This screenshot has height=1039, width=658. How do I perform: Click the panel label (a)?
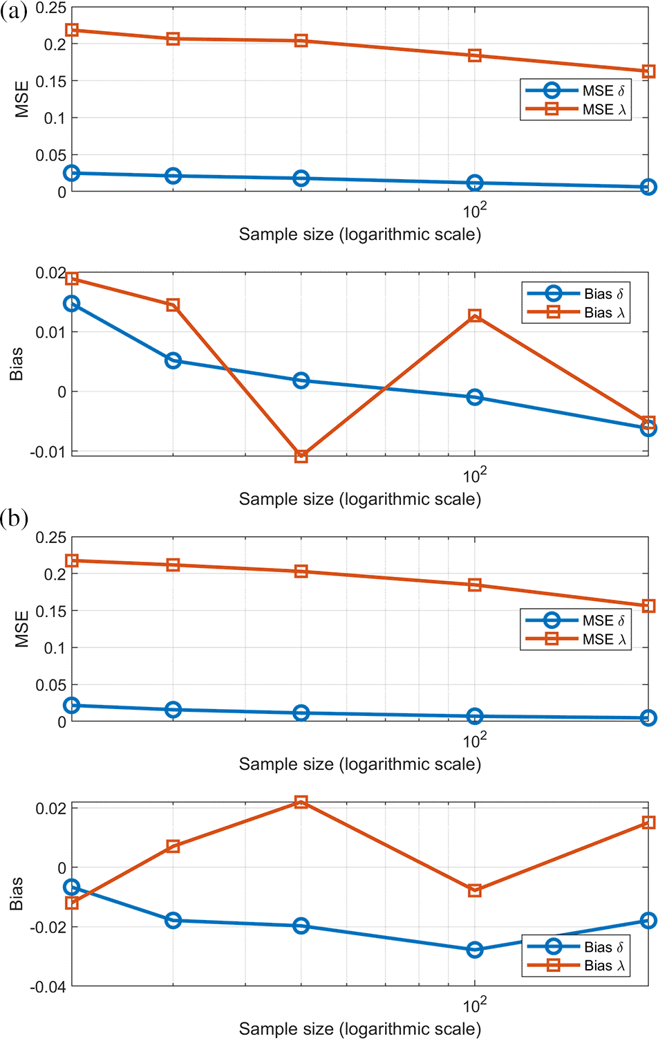coord(14,12)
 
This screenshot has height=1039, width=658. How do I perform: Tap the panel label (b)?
coord(14,518)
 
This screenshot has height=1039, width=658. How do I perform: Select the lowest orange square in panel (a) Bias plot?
coord(301,457)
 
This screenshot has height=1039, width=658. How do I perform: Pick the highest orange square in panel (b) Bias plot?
coord(301,802)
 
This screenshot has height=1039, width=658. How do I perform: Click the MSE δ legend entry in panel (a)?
coord(575,91)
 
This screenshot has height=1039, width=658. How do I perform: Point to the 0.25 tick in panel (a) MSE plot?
coord(50,8)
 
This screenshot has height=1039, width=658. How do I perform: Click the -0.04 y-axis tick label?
coord(48,986)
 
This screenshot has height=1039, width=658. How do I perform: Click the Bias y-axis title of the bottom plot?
coord(17,894)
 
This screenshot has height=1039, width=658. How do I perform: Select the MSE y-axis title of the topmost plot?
coord(21,100)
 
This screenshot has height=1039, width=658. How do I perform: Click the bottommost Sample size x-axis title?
coord(359,1029)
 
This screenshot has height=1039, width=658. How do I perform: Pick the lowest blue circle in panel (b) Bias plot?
coord(474,950)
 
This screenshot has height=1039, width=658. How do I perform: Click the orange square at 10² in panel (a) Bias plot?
coord(474,316)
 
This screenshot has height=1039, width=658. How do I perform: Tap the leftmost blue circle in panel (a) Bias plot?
coord(71,304)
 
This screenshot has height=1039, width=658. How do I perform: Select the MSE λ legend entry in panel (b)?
coord(575,639)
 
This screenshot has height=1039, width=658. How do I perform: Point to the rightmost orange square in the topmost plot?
coord(648,71)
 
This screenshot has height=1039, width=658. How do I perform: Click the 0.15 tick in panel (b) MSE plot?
coord(50,611)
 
